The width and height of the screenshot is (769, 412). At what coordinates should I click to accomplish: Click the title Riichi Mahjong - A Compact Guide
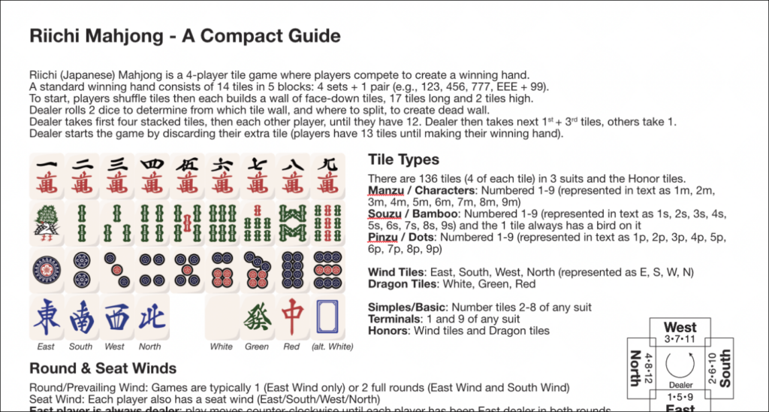tap(185, 36)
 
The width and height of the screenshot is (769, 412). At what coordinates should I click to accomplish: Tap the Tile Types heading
tap(403, 159)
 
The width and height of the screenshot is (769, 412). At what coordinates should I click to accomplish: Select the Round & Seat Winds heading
tap(103, 368)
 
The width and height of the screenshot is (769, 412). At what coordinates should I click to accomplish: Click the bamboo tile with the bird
tap(47, 223)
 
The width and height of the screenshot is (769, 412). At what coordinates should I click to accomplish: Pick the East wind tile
tap(47, 317)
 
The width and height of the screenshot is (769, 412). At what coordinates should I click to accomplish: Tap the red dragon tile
tap(292, 317)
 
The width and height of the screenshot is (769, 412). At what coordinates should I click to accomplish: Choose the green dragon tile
tap(258, 317)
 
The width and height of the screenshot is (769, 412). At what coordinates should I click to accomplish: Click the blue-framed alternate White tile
tap(327, 317)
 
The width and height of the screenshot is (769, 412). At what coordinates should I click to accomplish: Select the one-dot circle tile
tap(47, 270)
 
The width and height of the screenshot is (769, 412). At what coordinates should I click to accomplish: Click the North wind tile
tap(152, 317)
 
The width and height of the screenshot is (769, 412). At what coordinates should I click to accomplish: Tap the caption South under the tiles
tap(80, 347)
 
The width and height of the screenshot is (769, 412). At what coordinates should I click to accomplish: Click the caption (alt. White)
tap(332, 347)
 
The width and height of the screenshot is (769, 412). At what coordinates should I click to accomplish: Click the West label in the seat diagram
tap(680, 328)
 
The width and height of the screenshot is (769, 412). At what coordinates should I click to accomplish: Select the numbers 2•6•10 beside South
tap(713, 368)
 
